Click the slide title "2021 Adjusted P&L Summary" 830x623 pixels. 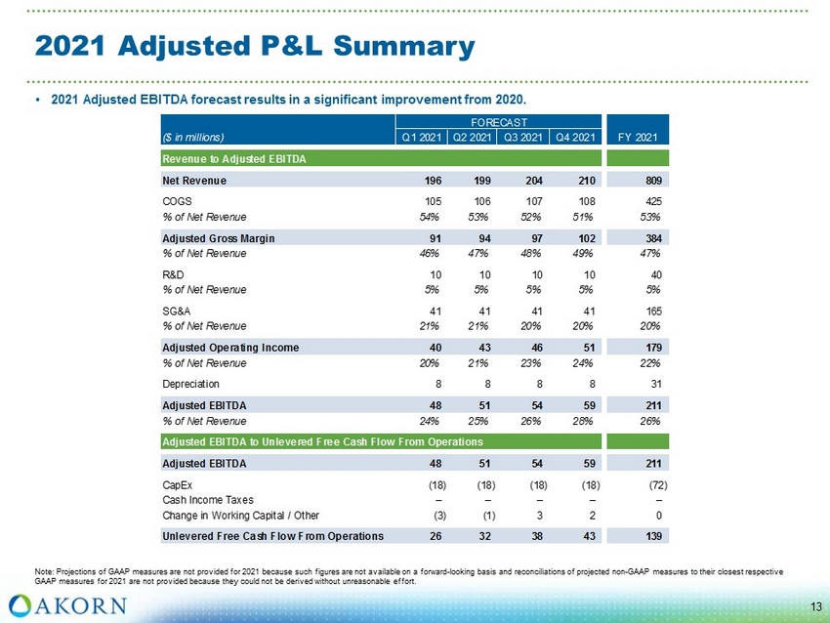[x=254, y=46]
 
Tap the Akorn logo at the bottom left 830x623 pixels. [x=67, y=603]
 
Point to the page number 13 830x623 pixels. [x=815, y=608]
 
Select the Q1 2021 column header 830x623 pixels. [x=421, y=136]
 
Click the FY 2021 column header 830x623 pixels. [x=637, y=136]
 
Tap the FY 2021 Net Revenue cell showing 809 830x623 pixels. [x=647, y=181]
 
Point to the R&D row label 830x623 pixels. [x=172, y=276]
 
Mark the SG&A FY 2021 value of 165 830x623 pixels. [x=648, y=310]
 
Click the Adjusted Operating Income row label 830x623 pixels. [x=230, y=348]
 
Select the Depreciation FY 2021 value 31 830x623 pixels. [x=652, y=384]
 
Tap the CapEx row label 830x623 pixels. [x=177, y=482]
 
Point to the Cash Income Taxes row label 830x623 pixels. [x=207, y=499]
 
